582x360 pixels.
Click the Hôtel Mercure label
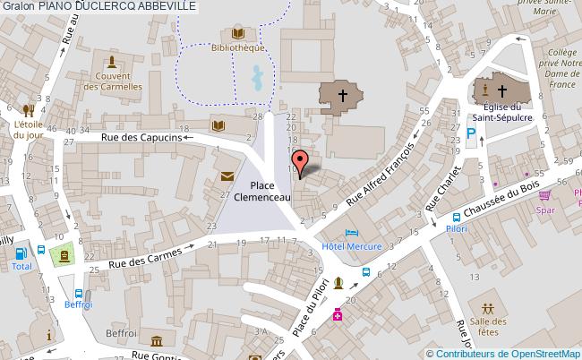point(352,246)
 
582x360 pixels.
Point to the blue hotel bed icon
point(351,233)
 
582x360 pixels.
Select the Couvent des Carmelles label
point(113,81)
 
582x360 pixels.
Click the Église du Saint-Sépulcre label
point(502,111)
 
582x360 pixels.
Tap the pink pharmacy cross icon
point(338,315)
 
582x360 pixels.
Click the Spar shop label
point(544,210)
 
